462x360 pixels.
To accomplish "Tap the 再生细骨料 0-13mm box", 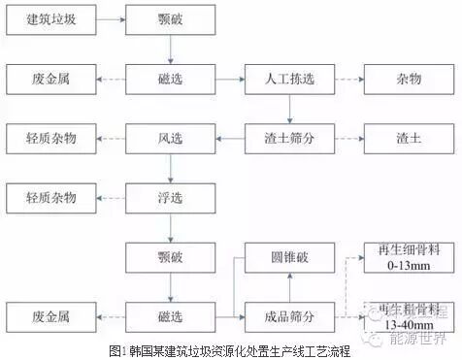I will point(405,255).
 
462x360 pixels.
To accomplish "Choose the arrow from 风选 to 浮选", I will point(169,167).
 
